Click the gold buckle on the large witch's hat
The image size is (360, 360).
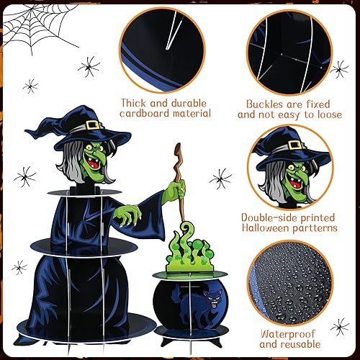94,124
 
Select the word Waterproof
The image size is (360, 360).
290,334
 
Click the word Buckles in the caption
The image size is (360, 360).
260,102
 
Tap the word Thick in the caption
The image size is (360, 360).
138,102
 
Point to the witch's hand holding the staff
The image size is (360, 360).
176,192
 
